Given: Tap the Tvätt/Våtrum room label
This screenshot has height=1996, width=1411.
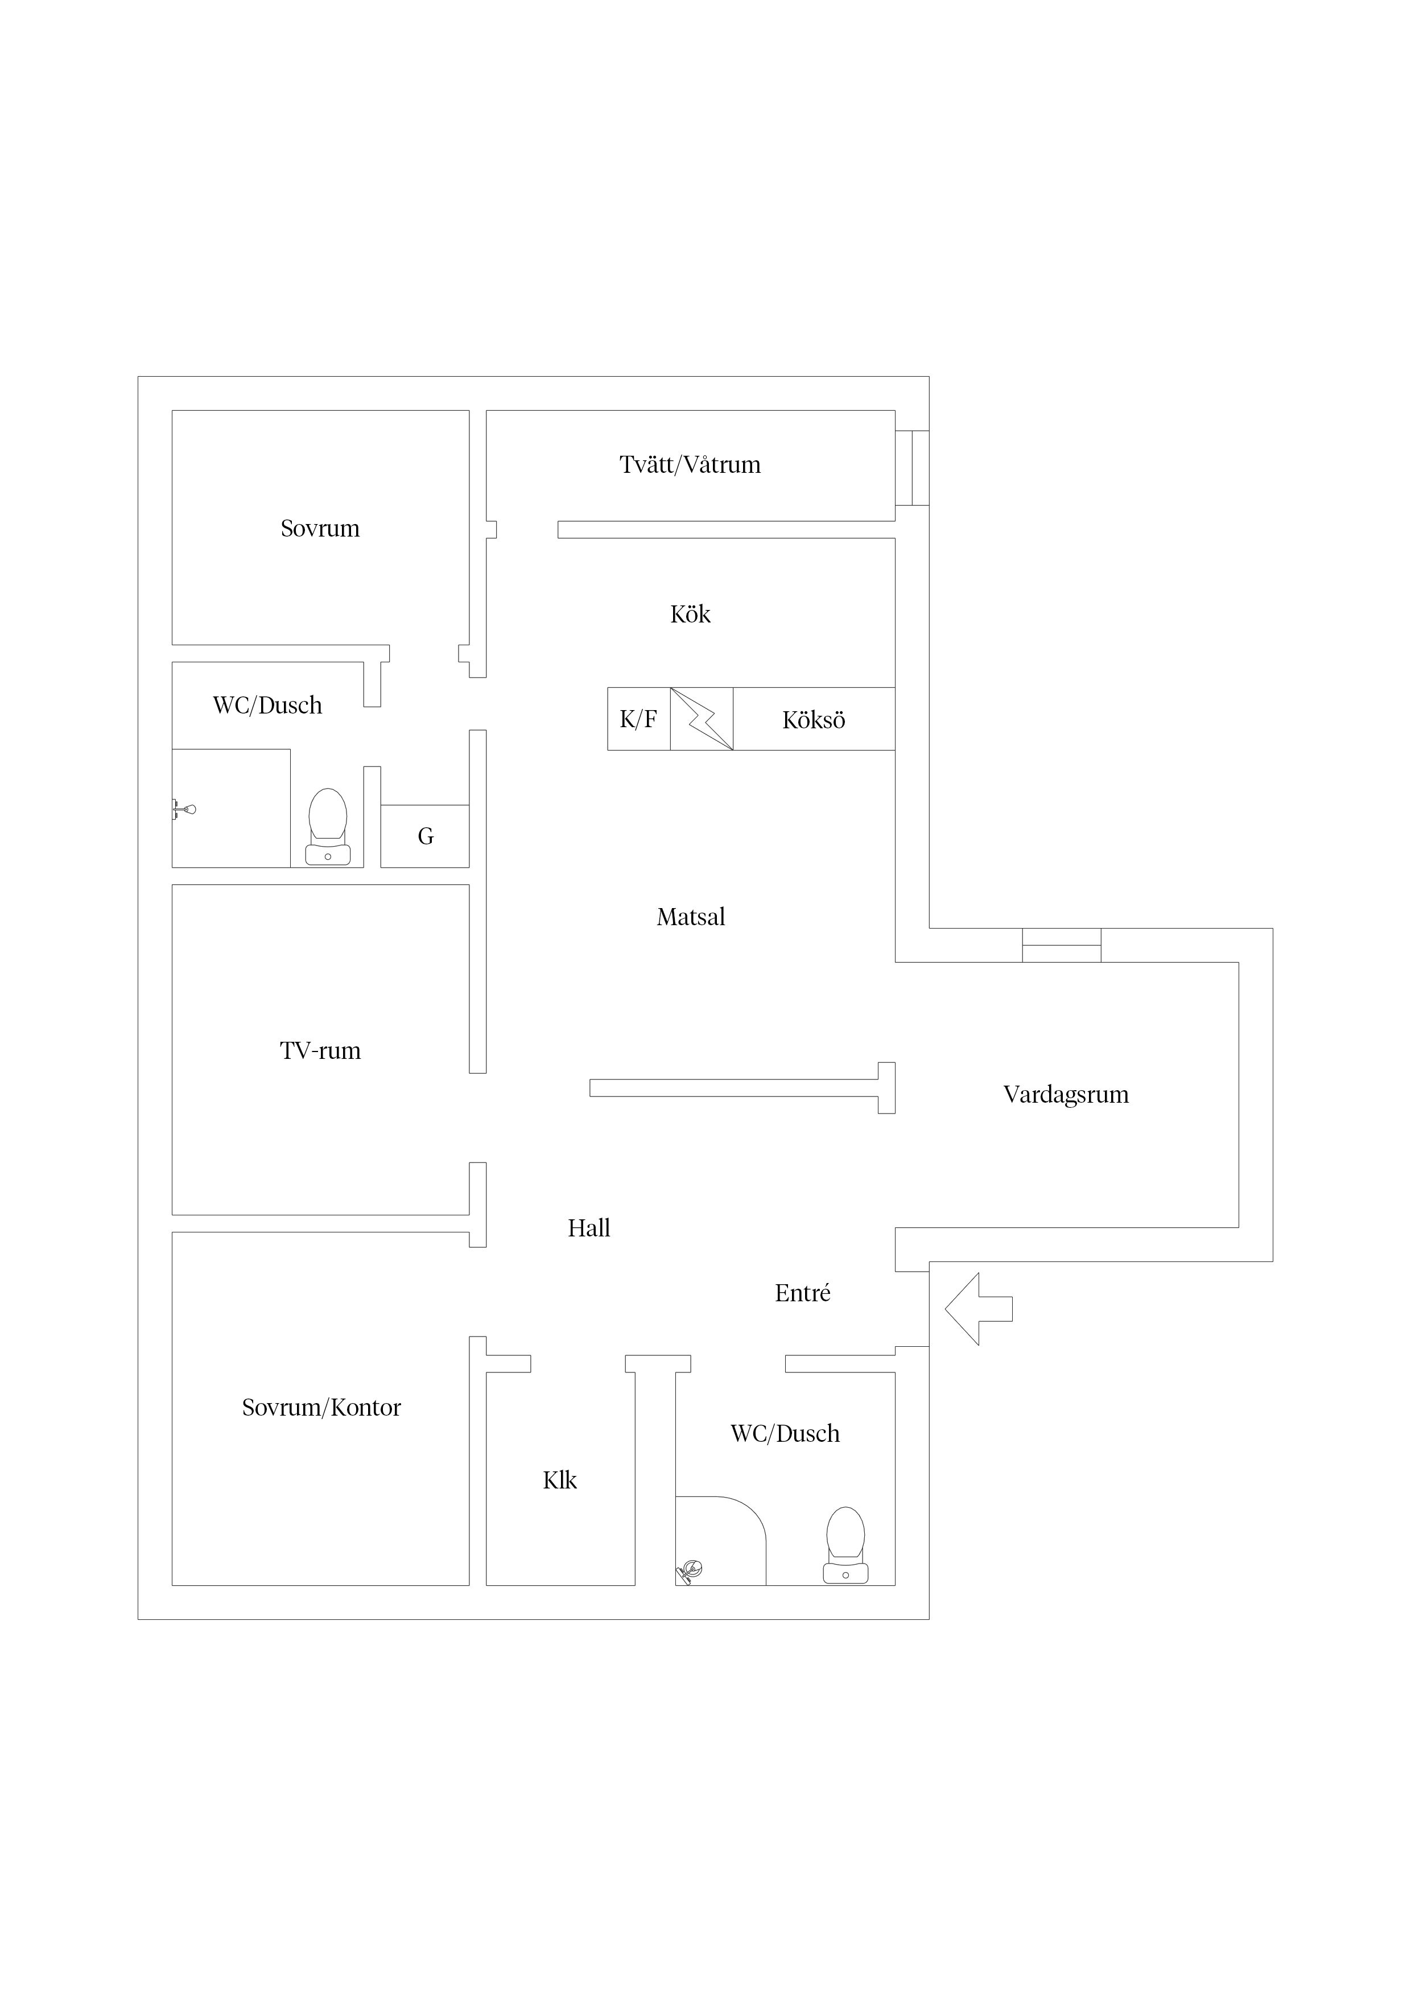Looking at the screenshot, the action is [690, 465].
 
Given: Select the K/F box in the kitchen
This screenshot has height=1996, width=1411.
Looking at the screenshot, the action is [639, 719].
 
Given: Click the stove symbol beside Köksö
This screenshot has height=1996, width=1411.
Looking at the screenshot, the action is [702, 719].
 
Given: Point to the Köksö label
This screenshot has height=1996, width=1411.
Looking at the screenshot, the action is [814, 720].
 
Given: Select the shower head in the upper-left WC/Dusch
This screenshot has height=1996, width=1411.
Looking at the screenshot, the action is [183, 809].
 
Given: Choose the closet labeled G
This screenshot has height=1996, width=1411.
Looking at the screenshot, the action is [425, 836].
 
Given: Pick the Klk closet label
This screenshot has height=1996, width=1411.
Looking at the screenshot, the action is [560, 1480].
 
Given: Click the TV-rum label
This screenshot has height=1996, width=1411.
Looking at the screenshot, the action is [320, 1051].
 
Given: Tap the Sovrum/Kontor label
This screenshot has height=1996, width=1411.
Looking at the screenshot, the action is [321, 1408].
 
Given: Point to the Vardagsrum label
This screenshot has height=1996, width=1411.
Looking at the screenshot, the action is [1066, 1095].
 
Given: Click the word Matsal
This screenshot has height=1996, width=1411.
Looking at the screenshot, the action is [691, 917].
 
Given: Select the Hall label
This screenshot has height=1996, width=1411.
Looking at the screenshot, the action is [589, 1228].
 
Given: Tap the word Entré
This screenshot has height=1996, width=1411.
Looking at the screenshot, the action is [802, 1293].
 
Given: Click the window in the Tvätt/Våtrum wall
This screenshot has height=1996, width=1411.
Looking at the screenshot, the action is [912, 468].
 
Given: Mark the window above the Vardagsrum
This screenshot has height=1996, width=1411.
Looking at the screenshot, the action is [1062, 945].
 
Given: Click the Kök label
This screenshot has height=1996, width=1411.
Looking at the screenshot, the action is [690, 615].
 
